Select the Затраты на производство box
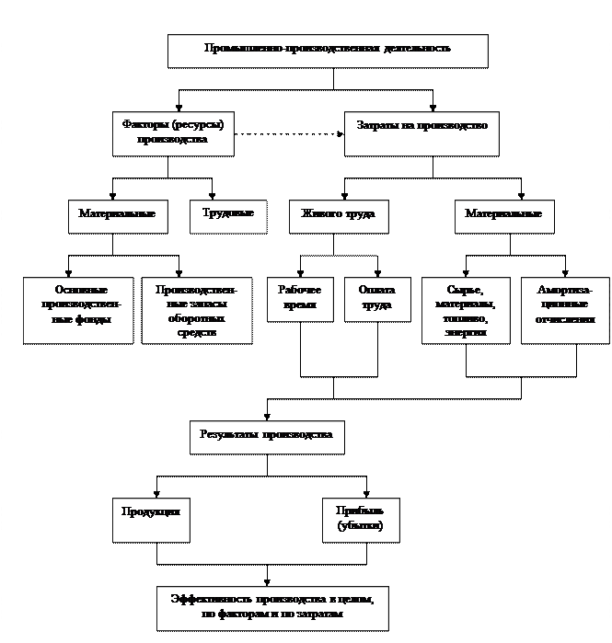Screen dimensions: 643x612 pos(421,132)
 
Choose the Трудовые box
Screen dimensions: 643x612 pos(228,215)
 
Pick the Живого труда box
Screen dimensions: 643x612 pos(338,215)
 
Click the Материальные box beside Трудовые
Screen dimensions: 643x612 pos(117,215)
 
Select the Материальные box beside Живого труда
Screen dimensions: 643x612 pos(503,215)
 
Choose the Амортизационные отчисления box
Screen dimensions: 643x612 pos(565,309)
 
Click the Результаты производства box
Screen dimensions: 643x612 pos(267,437)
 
